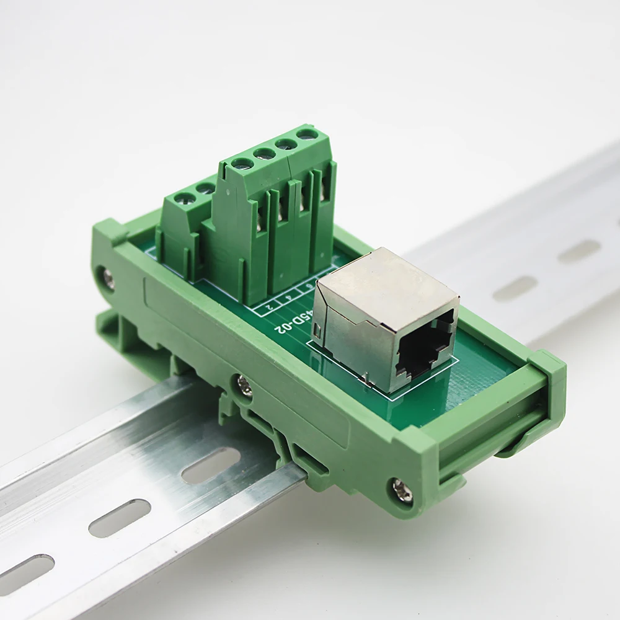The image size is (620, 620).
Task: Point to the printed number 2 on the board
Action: [268, 306]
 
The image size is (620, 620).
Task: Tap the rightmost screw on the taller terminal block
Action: [306, 133]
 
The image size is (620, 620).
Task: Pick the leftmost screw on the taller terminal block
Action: [241, 164]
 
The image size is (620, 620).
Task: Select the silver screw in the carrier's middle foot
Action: [244, 384]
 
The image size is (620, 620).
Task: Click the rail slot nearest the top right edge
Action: [579, 250]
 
